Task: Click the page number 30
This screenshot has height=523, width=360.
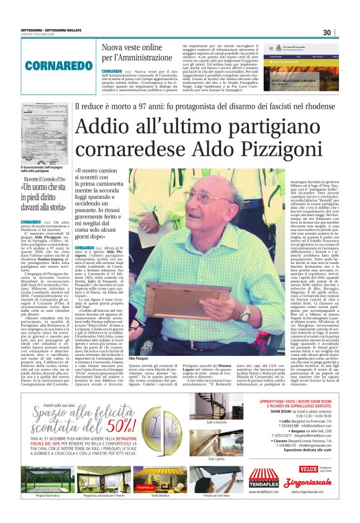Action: (343, 32)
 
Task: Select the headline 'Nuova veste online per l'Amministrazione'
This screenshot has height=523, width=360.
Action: (132, 52)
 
